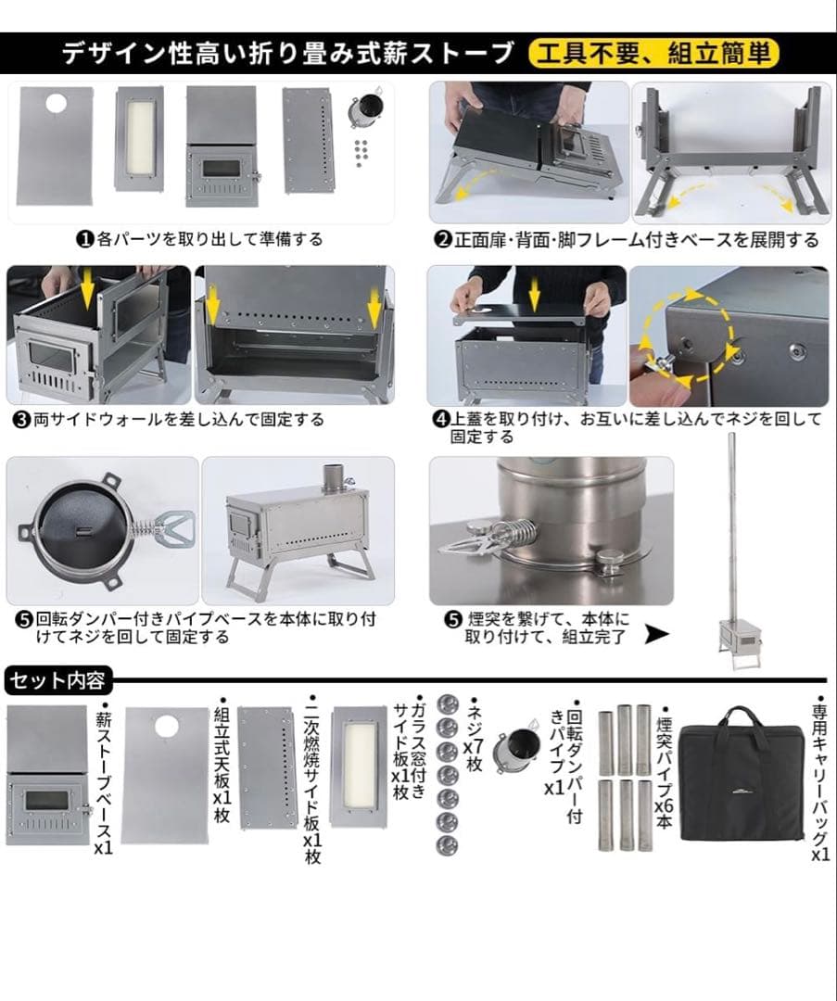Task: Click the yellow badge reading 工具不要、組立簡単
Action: [x=653, y=54]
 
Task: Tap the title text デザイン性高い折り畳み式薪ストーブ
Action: [x=286, y=54]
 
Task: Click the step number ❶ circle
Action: [x=84, y=239]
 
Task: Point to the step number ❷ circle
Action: [x=443, y=240]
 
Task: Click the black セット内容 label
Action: [x=57, y=681]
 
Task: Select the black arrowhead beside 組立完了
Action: [x=656, y=635]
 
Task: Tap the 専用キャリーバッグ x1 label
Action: [x=820, y=779]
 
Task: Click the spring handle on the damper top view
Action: [x=159, y=535]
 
